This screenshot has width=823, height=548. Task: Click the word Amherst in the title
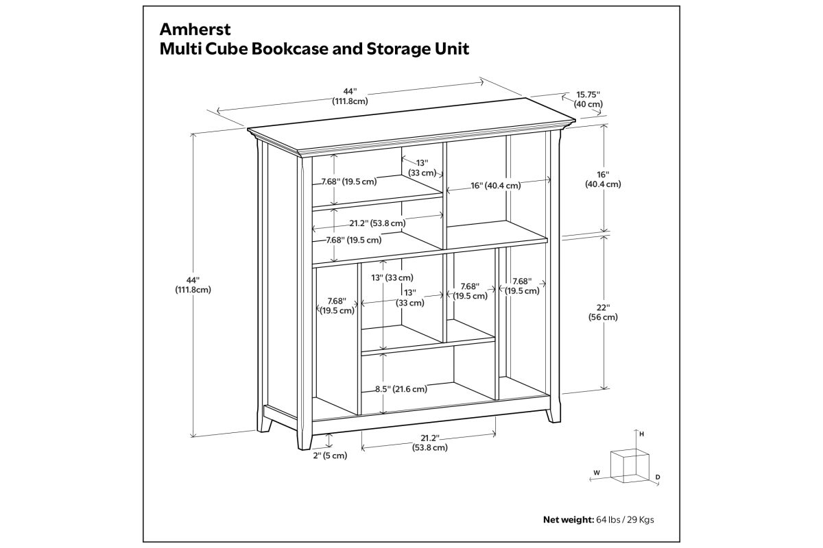pos(195,29)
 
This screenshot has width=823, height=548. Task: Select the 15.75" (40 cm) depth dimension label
pos(588,99)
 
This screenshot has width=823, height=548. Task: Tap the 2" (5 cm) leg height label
pos(330,456)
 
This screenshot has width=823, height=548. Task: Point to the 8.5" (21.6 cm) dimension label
pos(401,388)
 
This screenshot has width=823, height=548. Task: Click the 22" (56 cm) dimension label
pos(603,312)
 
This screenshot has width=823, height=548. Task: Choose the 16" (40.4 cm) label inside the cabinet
pos(496,186)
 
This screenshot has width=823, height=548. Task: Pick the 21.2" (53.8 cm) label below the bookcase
pos(430,443)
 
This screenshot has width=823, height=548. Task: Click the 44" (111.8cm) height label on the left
pos(193,285)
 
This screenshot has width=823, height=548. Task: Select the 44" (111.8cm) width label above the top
pos(350,96)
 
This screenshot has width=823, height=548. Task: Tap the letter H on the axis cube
pos(641,434)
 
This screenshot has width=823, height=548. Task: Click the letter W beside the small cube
pos(597,473)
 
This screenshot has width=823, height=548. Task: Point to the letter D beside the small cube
pos(658,477)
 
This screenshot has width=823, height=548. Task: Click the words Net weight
pos(569,519)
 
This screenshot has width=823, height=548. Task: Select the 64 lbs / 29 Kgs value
pos(625,520)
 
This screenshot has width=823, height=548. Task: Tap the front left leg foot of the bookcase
pos(305,442)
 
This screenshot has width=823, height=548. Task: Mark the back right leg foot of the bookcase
pos(553,416)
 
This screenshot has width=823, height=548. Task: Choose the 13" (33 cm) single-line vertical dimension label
pos(392,278)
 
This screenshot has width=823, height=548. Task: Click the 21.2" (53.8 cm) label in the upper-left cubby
pos(377,223)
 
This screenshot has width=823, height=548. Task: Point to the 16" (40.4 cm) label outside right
pos(603,179)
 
